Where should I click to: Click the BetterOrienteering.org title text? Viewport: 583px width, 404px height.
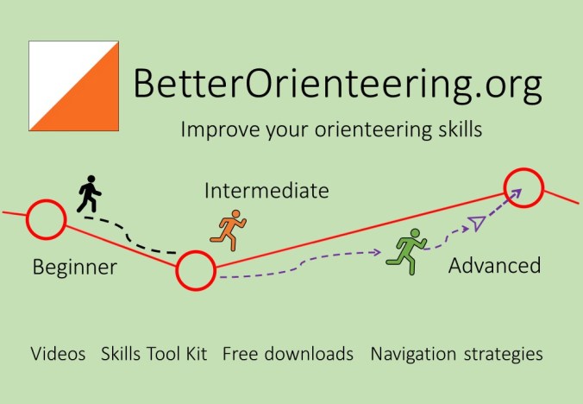point(338,85)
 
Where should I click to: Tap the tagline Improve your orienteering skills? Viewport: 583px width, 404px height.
point(331,130)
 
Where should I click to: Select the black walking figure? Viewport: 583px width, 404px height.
point(88,194)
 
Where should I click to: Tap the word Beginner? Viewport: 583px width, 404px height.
point(74,267)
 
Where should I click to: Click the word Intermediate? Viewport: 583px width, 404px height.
point(266,191)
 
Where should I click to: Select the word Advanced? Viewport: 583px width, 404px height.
point(494,265)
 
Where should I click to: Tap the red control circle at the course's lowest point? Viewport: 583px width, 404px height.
point(196,271)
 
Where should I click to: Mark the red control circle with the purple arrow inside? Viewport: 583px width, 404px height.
point(523,186)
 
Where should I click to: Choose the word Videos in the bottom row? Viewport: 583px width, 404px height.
point(58,354)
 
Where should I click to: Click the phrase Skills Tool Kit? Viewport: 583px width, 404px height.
point(154,354)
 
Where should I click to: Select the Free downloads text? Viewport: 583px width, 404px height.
point(288,354)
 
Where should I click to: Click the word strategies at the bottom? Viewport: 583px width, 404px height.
point(504,354)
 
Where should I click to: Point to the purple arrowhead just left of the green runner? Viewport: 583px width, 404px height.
point(377,252)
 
